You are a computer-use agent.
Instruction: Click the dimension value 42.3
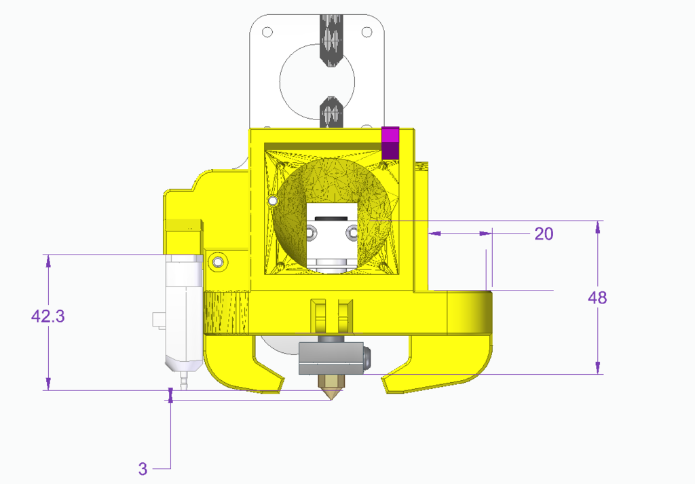coord(48,316)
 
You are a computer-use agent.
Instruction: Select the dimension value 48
coord(597,298)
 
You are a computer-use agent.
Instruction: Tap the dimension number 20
coord(544,234)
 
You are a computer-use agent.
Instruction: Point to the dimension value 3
coord(143,468)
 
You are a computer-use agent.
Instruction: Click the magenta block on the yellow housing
coord(390,143)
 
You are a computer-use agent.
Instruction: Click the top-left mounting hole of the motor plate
coord(267,32)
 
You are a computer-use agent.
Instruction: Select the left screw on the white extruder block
coord(311,233)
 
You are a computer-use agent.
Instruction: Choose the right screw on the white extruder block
coord(352,233)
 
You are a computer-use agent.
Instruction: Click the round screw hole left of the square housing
coord(218,261)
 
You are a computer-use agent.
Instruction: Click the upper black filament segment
coord(333,37)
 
